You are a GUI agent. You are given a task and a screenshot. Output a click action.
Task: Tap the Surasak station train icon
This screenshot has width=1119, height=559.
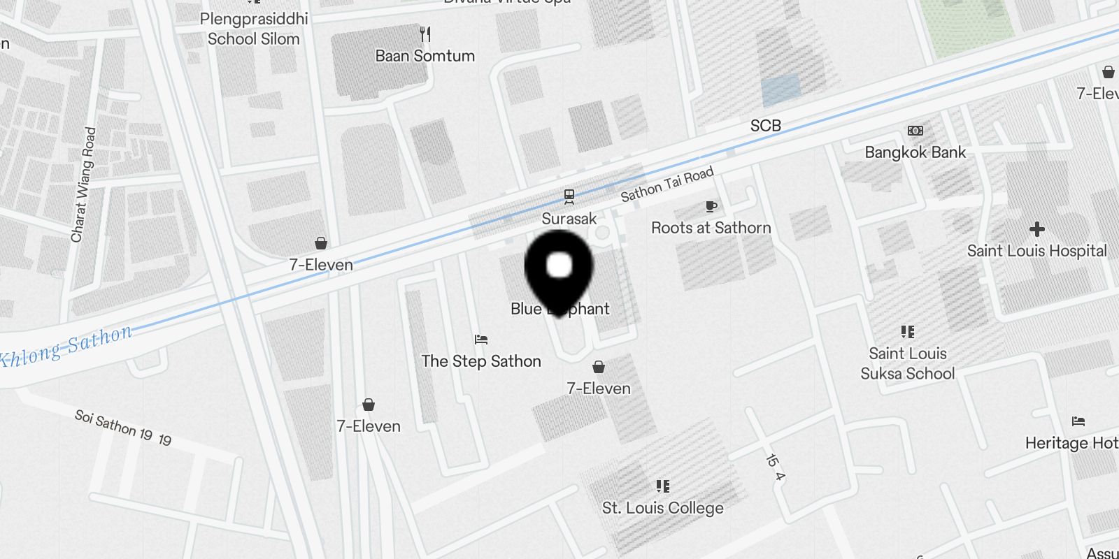[x=569, y=197]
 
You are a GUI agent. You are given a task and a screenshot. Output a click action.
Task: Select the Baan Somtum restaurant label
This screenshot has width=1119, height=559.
[x=425, y=56]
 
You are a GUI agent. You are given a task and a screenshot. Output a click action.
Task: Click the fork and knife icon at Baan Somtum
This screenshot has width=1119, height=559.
[x=425, y=34]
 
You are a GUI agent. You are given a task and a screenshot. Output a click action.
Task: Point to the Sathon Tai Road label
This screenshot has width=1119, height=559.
[x=667, y=184]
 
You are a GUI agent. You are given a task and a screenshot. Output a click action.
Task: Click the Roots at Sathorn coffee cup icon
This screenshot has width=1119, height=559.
[x=711, y=206]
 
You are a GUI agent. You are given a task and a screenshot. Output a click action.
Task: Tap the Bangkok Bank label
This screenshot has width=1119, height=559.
[x=915, y=152]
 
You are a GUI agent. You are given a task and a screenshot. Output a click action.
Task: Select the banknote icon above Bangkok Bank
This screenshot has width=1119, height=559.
[x=915, y=131]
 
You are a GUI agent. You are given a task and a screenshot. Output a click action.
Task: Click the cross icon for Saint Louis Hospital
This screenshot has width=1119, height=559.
[x=1036, y=229]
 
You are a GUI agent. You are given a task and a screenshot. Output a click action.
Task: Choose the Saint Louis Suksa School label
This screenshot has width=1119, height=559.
[x=907, y=363]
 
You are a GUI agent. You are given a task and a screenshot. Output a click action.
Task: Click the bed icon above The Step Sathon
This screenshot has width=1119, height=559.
[x=480, y=340]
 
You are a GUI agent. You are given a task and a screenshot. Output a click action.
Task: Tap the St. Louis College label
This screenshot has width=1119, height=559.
[x=662, y=508]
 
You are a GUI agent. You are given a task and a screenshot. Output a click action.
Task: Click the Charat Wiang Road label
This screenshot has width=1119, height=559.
[x=82, y=184]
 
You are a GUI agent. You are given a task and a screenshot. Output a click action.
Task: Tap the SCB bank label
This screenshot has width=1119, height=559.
[x=765, y=126]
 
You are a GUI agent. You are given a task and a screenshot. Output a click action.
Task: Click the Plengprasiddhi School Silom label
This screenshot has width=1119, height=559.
[x=253, y=29]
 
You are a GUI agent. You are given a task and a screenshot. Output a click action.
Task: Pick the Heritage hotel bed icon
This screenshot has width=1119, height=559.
[x=1078, y=421]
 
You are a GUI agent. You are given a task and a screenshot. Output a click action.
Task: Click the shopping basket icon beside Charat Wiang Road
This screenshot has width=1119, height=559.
[x=321, y=243]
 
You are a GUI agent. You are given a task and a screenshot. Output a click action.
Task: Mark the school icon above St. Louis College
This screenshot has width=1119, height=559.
[x=662, y=486]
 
